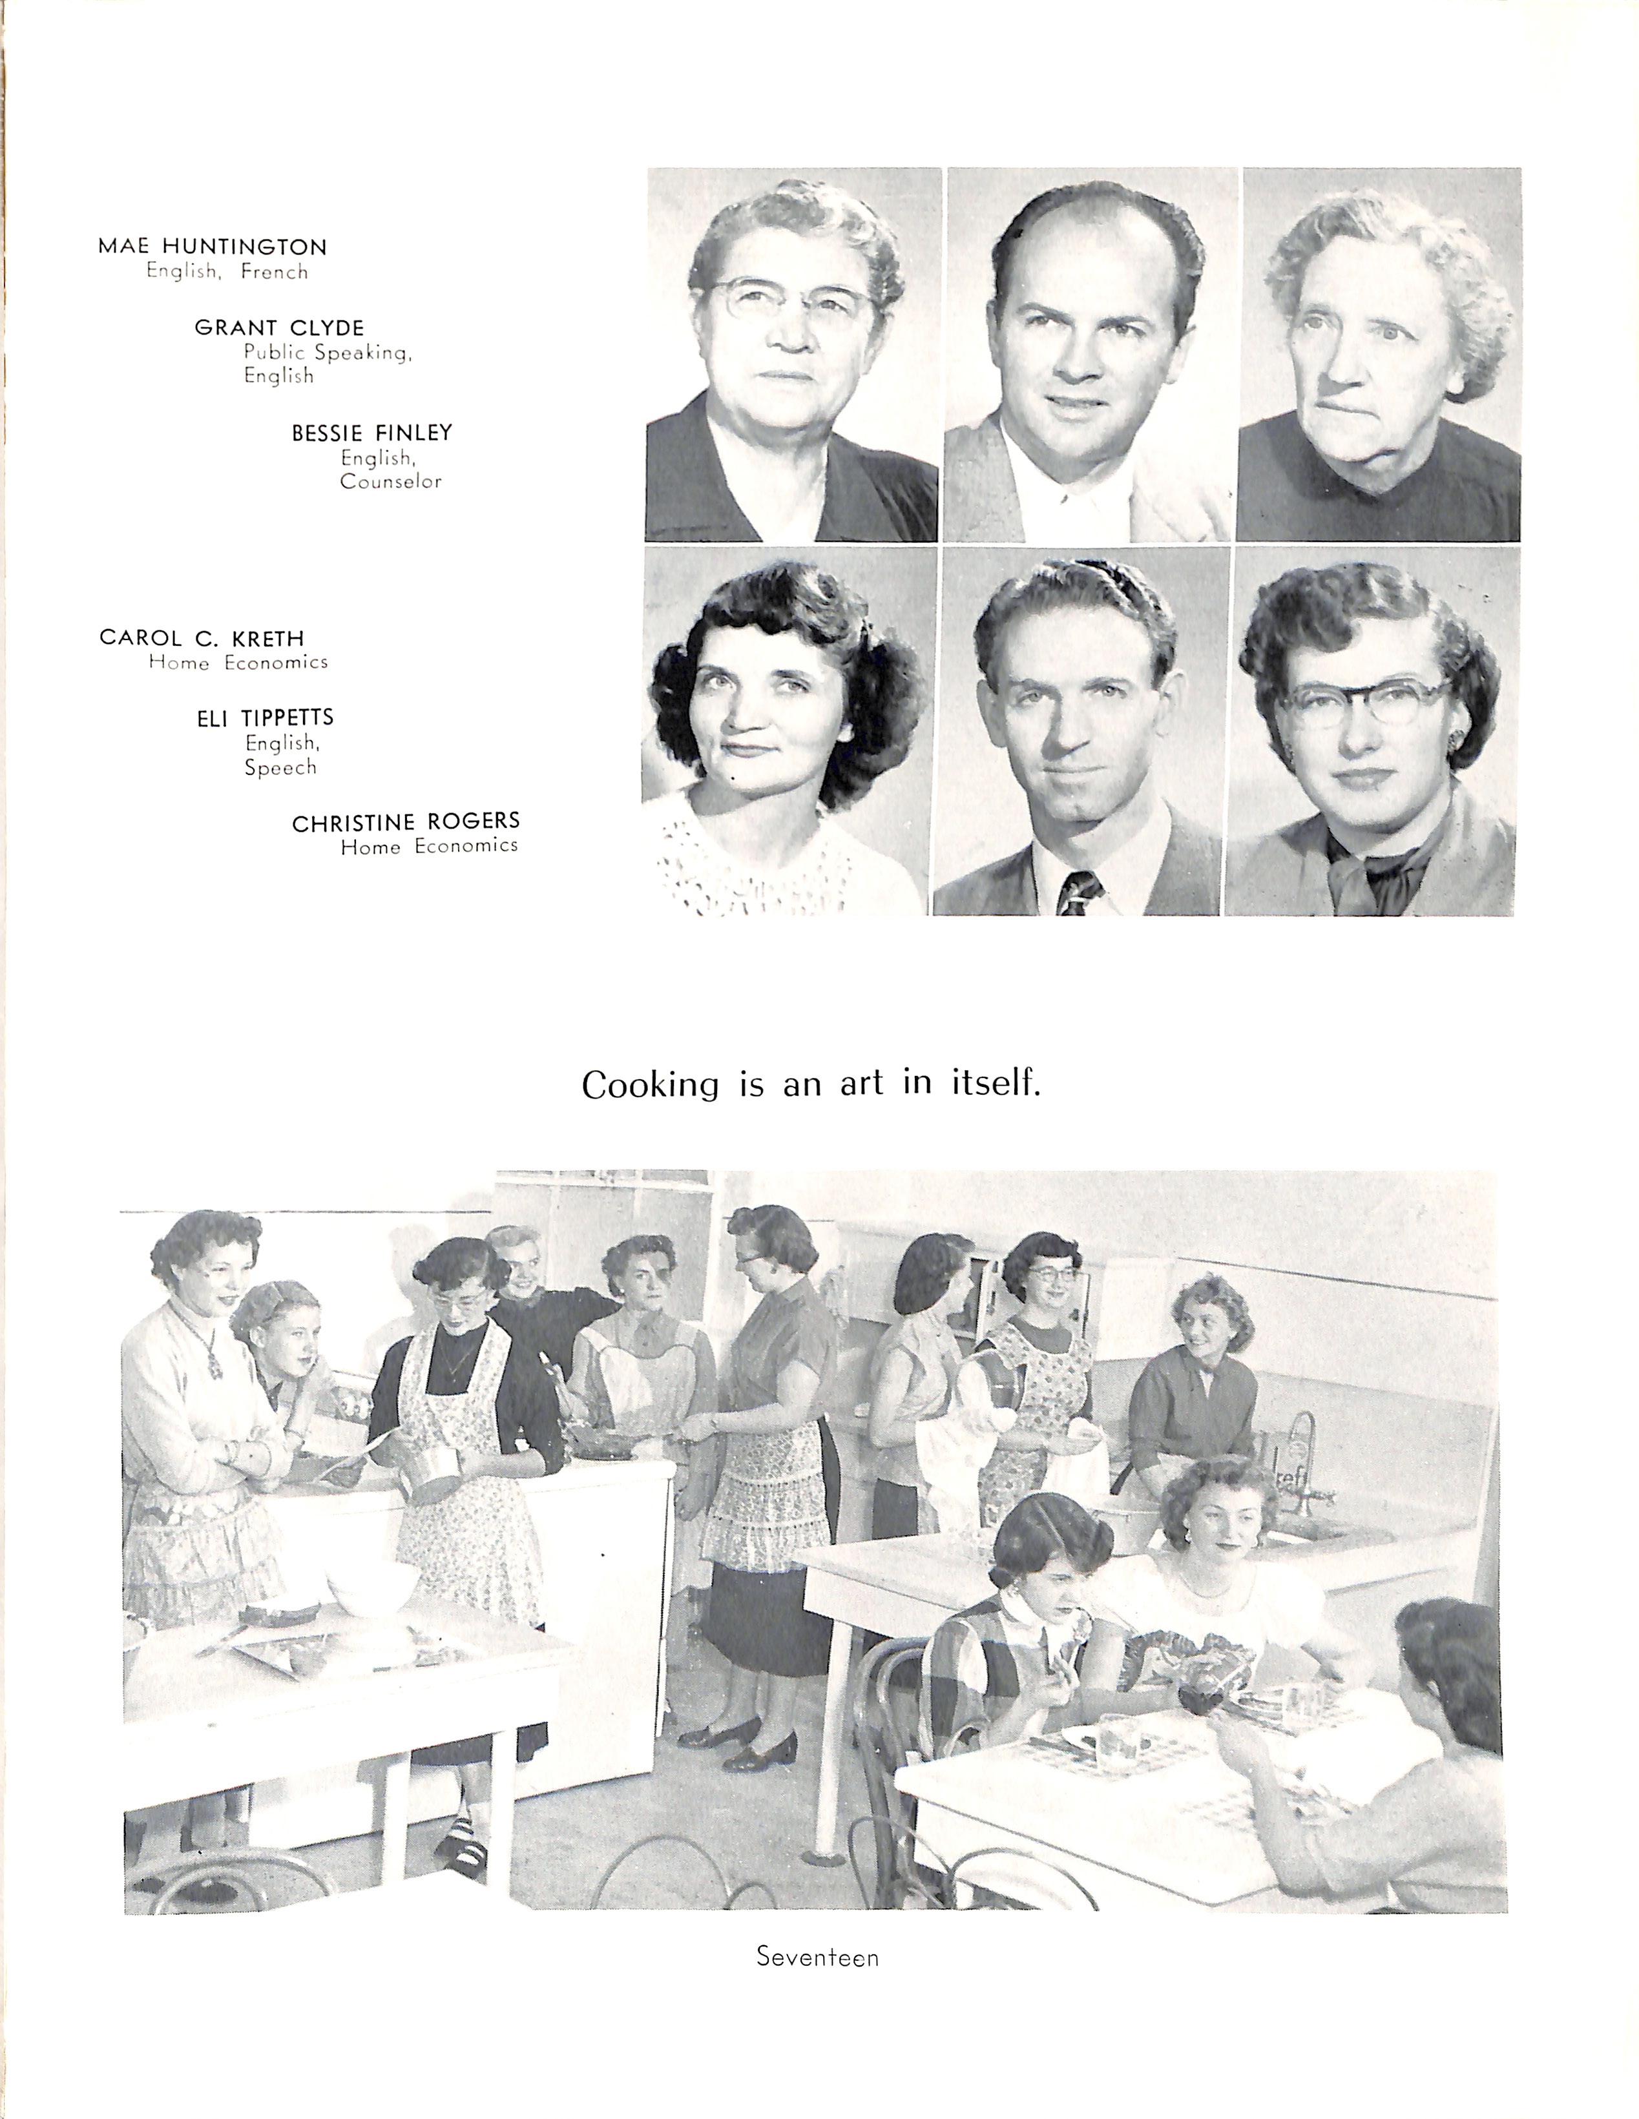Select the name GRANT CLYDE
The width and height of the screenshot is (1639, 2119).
pos(280,328)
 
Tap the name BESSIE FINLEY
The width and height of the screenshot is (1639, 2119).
pos(371,433)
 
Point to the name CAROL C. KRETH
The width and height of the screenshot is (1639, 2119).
pos(202,639)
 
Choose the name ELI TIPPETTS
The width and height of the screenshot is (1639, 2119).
pos(265,718)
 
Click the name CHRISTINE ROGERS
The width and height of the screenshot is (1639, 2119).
pos(406,823)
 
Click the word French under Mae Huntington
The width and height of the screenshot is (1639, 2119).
pos(275,273)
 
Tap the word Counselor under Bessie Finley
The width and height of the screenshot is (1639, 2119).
pos(391,481)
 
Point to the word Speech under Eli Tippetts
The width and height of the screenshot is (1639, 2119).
pos(280,767)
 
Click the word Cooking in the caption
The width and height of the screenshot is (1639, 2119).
pos(650,1085)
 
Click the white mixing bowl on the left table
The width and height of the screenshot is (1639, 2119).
pos(371,1578)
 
